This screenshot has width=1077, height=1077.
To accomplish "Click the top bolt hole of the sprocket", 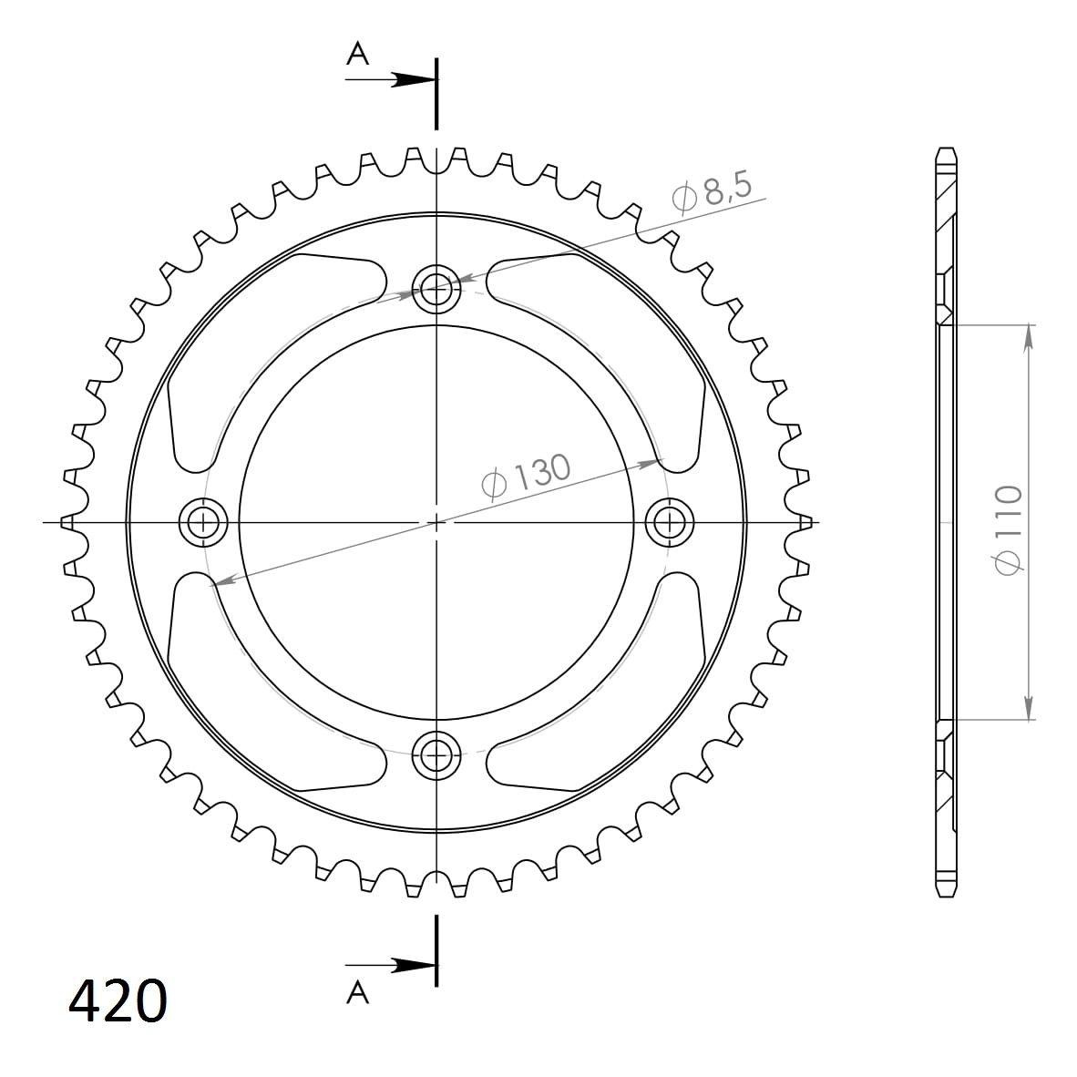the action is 436,289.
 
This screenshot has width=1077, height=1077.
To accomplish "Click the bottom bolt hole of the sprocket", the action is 436,756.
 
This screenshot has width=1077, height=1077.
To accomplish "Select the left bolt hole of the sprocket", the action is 203,523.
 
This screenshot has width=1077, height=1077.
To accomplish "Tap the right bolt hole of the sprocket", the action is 670,523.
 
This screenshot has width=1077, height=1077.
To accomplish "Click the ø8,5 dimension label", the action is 713,192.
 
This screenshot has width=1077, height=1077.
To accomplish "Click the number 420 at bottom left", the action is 118,1001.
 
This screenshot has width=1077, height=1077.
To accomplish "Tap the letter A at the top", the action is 357,53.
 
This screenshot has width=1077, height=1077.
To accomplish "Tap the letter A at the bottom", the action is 357,992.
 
